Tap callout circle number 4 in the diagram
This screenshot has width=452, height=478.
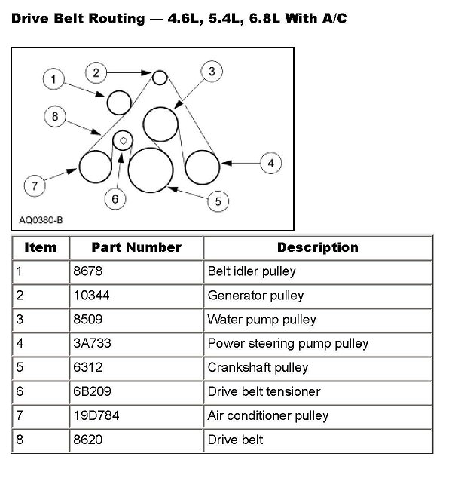click(270, 162)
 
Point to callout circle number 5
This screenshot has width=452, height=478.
click(218, 201)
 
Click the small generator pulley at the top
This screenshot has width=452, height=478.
click(160, 77)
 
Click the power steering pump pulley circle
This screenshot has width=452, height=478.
click(202, 167)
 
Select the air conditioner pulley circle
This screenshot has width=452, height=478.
click(96, 167)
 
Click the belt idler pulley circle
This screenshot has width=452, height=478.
click(120, 102)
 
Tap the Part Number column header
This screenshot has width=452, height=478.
click(136, 247)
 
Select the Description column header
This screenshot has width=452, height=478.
click(317, 247)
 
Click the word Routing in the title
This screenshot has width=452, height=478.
click(114, 17)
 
